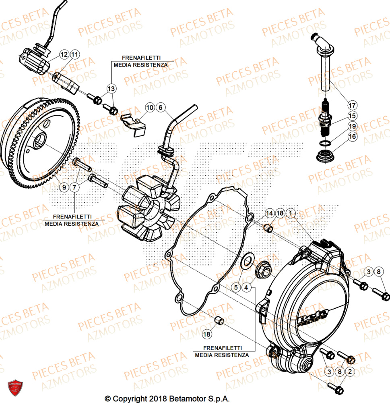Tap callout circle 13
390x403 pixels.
click(111, 88)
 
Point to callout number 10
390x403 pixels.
click(150, 108)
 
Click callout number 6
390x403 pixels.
click(160, 108)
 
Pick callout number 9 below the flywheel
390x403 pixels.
click(64, 187)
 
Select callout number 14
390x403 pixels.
click(269, 213)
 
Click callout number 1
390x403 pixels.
click(291, 213)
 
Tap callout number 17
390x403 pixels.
click(353, 106)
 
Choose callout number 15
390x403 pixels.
click(353, 116)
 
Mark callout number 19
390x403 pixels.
click(353, 127)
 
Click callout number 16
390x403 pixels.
click(353, 137)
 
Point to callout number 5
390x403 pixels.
click(236, 287)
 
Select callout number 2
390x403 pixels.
click(350, 371)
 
